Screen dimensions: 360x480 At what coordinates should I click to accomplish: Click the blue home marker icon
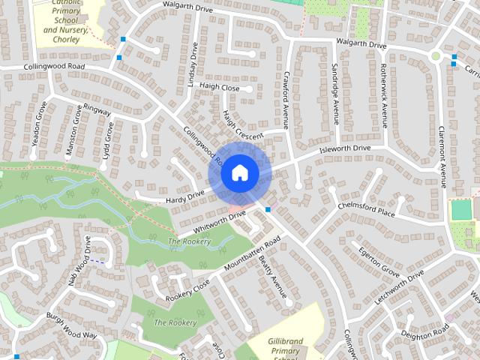pyautogui.click(x=239, y=173)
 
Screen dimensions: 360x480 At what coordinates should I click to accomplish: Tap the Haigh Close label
pyautogui.click(x=219, y=88)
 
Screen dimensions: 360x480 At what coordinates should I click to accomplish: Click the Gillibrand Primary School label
pyautogui.click(x=286, y=346)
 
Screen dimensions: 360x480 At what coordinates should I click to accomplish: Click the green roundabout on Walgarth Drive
pyautogui.click(x=435, y=56)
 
